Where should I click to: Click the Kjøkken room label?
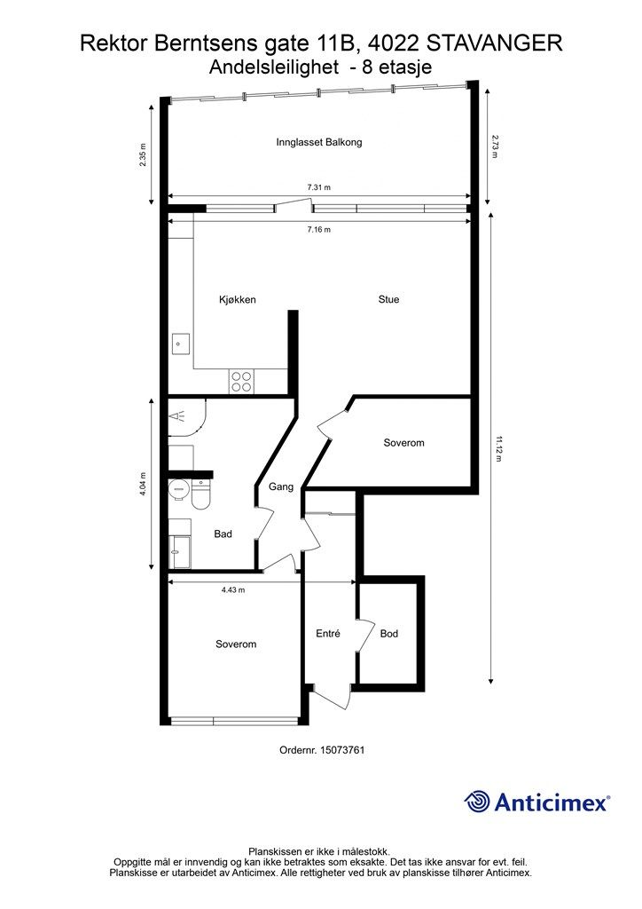click(x=238, y=300)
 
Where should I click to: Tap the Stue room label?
click(x=388, y=299)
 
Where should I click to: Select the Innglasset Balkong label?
click(x=319, y=142)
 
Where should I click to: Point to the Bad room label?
click(x=223, y=534)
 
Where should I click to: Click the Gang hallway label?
click(x=281, y=487)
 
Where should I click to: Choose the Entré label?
click(x=328, y=634)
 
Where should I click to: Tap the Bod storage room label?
click(x=389, y=634)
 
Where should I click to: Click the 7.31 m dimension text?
click(x=319, y=187)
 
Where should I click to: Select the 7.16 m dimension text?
click(x=319, y=230)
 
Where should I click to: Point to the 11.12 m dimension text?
click(x=496, y=448)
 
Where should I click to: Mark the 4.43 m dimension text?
click(x=233, y=590)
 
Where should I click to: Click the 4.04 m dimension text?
click(x=143, y=484)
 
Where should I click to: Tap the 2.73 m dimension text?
click(x=495, y=146)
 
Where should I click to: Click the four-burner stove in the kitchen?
click(x=241, y=382)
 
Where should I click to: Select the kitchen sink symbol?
click(x=180, y=344)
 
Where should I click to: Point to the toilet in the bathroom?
click(x=200, y=495)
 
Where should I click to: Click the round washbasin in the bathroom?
click(x=177, y=491)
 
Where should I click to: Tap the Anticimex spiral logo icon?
click(x=477, y=802)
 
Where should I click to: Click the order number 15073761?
click(x=344, y=749)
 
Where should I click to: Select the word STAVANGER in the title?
click(x=494, y=43)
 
